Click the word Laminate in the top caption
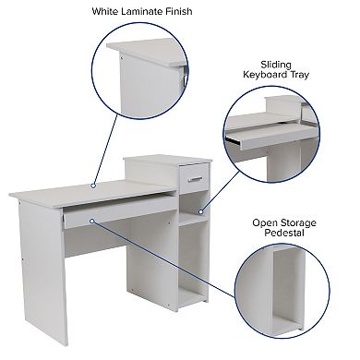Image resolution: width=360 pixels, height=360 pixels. click(141, 11)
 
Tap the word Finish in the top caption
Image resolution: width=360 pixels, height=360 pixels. click(178, 11)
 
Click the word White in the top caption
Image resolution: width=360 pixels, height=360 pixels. click(105, 11)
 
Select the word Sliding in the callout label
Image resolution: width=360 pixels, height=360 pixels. click(276, 65)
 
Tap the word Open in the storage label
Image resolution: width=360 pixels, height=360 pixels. click(265, 222)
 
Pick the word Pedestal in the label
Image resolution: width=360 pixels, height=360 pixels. click(284, 233)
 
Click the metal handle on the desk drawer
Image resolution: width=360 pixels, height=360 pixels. click(195, 179)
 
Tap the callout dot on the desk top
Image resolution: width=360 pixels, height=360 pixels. click(93, 186)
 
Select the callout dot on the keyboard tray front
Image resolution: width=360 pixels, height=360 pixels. click(91, 221)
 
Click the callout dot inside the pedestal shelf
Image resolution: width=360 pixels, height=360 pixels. click(200, 211)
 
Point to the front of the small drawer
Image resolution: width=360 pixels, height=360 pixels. click(195, 178)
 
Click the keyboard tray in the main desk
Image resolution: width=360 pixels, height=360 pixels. click(119, 211)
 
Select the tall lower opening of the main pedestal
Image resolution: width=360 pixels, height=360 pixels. click(193, 261)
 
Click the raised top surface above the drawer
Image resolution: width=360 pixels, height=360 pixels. click(168, 160)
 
